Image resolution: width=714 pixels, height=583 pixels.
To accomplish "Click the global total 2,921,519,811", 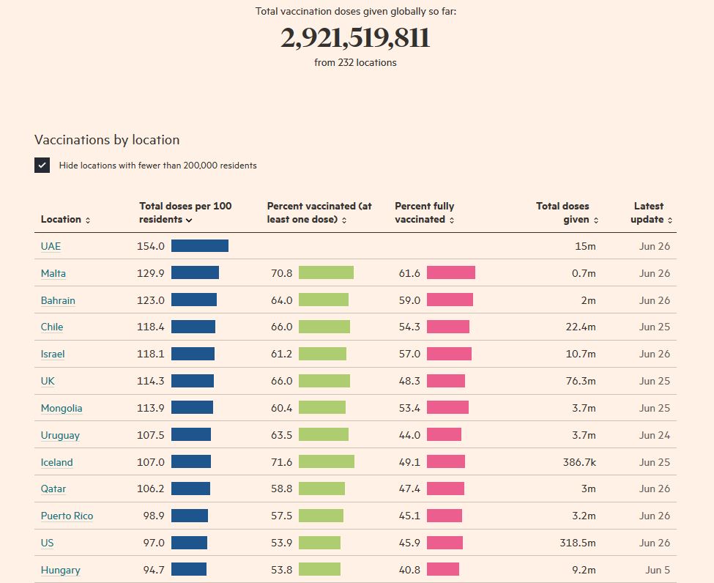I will [355, 38].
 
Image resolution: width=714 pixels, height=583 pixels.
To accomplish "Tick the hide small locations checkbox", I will [42, 166].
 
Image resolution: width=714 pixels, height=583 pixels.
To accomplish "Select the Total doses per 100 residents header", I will [185, 212].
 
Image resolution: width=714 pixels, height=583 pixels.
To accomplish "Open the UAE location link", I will [51, 247].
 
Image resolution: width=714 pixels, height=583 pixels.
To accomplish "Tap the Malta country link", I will [53, 273].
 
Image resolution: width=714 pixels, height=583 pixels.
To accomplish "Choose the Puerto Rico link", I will [67, 516].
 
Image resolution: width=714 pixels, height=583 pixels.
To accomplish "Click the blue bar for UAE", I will [200, 246].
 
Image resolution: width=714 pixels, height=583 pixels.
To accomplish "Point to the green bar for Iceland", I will [327, 462].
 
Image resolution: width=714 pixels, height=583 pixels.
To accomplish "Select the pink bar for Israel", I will [449, 354].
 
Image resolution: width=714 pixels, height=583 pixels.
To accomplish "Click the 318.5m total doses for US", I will [578, 543].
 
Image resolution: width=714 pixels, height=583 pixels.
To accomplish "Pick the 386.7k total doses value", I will [578, 462].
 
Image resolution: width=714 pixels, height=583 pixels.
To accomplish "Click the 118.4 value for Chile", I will [151, 327].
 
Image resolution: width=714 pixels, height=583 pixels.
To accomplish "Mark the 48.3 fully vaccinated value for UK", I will [409, 381].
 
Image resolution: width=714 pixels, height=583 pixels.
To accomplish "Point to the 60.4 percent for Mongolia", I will [281, 408].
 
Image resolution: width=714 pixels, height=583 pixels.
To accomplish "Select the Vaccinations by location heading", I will [107, 140].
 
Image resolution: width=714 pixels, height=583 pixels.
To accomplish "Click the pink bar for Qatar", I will [445, 489].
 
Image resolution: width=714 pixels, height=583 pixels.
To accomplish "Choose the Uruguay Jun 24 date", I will [655, 435].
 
